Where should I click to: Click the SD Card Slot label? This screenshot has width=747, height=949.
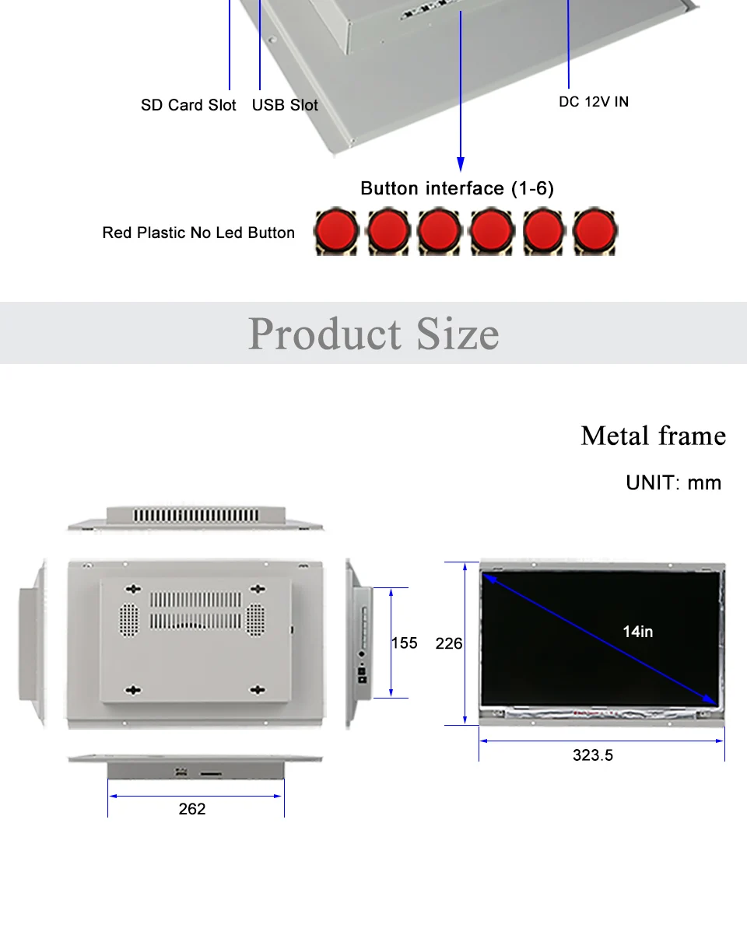[188, 105]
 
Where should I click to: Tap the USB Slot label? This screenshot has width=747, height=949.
[285, 105]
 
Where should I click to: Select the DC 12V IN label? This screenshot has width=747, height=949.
[594, 102]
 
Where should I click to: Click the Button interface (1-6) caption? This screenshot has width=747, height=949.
[457, 188]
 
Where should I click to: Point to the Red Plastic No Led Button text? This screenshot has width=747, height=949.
[198, 233]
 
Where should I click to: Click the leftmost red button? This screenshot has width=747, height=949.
[337, 230]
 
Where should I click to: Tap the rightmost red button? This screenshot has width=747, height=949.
[594, 230]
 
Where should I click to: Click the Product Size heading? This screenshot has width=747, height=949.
[373, 334]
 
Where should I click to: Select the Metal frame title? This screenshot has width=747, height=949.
[653, 436]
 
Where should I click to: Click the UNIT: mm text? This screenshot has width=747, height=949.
[674, 483]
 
